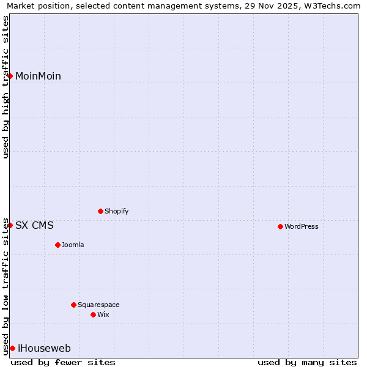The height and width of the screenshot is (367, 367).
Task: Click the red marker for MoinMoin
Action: click(10, 76)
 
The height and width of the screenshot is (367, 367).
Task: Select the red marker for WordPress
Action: click(280, 226)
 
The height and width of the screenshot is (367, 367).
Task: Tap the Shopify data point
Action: click(100, 211)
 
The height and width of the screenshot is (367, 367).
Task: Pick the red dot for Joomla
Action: click(57, 245)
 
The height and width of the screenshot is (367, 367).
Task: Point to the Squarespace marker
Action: click(73, 305)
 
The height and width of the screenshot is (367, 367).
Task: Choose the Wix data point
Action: click(93, 314)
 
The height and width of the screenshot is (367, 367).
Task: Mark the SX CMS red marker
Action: click(10, 225)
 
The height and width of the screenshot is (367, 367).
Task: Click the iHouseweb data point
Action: click(12, 348)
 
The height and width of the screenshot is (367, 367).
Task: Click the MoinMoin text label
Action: click(38, 76)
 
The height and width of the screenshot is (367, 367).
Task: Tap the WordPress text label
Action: click(302, 227)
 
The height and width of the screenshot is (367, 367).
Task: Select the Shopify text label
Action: click(117, 212)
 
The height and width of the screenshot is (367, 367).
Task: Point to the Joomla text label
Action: click(73, 245)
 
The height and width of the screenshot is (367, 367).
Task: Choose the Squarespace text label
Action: click(99, 305)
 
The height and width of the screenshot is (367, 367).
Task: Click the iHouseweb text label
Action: click(44, 349)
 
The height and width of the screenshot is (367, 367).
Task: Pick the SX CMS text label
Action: click(34, 226)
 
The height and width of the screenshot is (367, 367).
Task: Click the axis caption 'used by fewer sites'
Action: click(63, 363)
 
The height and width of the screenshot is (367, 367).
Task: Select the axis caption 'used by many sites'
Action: click(307, 363)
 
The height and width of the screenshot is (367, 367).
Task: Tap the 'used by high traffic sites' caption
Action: click(6, 87)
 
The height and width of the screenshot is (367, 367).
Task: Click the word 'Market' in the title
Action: click(21, 6)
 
